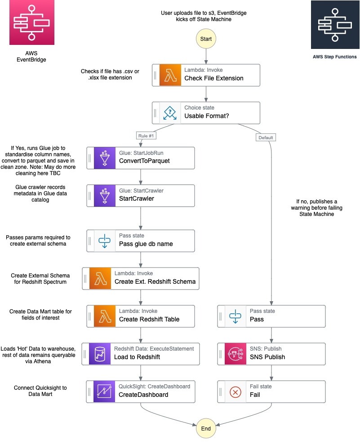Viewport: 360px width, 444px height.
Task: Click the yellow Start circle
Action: (206, 39)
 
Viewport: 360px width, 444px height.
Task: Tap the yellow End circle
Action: (206, 429)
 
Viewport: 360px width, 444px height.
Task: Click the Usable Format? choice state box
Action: (206, 113)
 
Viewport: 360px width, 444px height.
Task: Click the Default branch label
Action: (265, 137)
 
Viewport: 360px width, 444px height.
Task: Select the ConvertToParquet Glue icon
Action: (104, 158)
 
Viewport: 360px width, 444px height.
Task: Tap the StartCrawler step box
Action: (141, 196)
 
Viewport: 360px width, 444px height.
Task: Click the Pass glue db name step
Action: (141, 241)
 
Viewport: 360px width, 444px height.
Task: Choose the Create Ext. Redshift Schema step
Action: (141, 278)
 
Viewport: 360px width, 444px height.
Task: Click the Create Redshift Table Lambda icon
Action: (104, 316)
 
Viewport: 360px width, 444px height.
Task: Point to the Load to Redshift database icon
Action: (100, 354)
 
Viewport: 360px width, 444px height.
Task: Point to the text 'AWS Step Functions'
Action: (334, 57)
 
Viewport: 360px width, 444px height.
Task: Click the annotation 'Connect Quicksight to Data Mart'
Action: (40, 391)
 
